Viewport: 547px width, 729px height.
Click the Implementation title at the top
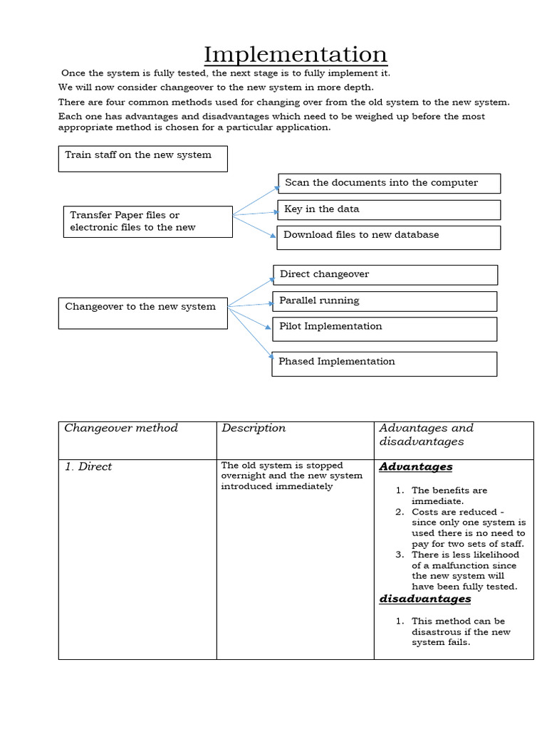coord(295,54)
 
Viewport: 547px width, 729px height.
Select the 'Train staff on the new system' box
coord(142,159)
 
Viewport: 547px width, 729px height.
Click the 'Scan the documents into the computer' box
coord(389,183)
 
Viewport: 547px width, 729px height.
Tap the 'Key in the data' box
coord(389,209)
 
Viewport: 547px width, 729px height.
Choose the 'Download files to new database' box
coord(389,237)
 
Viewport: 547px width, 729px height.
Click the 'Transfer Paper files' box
coord(148,221)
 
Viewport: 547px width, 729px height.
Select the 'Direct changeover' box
coord(385,275)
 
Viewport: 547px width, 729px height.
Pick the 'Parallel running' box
coord(385,301)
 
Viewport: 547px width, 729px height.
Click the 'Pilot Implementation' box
coord(385,328)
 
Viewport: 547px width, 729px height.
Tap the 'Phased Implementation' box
coord(385,363)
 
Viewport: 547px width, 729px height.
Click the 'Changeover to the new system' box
coord(142,313)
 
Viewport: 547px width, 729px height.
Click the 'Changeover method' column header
coord(121,429)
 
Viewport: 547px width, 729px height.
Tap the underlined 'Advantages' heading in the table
coord(416,467)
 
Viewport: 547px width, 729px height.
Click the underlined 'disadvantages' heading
coord(424,599)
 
